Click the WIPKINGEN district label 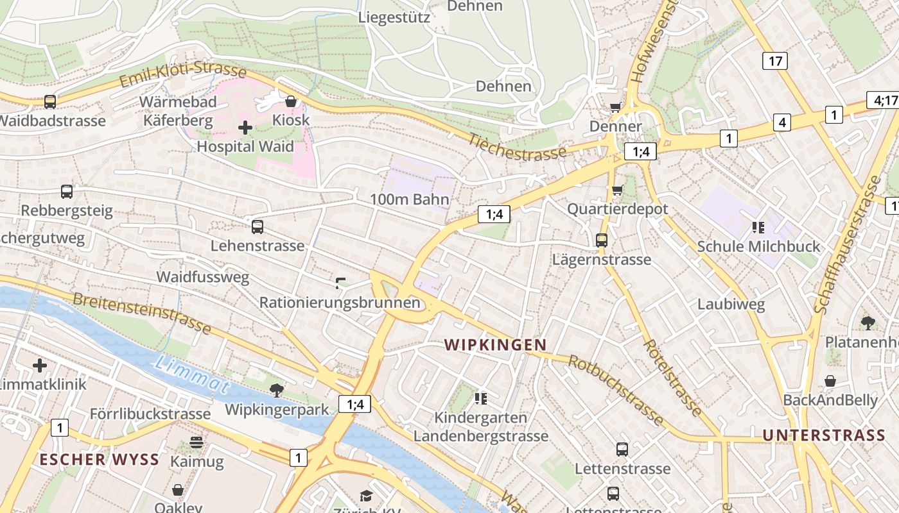(495, 345)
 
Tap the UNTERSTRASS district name (824, 435)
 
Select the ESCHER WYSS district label (100, 459)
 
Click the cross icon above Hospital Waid (245, 128)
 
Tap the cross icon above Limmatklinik (40, 366)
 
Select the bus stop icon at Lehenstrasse (257, 226)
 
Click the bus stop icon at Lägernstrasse (602, 240)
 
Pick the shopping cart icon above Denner (616, 107)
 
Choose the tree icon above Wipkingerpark (277, 390)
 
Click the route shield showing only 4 (781, 122)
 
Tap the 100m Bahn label (409, 199)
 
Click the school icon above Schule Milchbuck (758, 227)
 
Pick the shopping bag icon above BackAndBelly (830, 381)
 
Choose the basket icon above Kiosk (291, 101)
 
